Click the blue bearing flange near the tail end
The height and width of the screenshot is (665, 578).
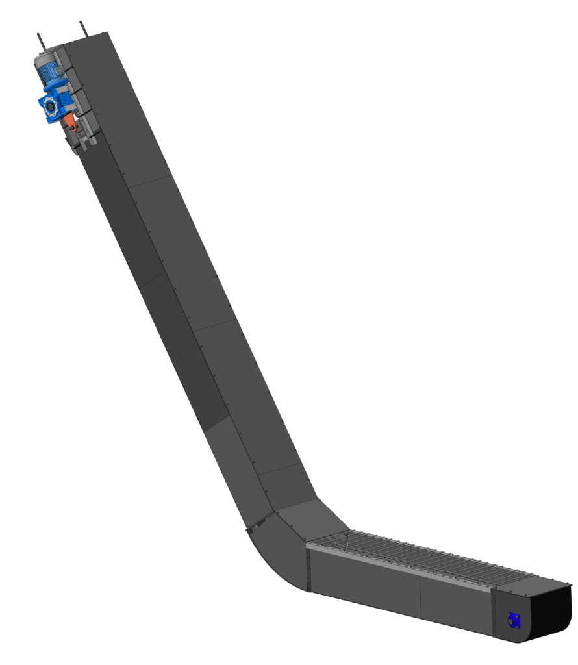click(x=514, y=621)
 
